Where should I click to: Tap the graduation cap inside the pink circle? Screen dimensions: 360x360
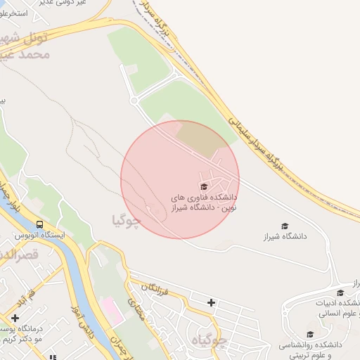tap(204, 187)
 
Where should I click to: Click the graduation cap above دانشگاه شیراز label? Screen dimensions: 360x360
tap(285, 226)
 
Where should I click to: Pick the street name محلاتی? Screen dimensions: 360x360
tap(135, 305)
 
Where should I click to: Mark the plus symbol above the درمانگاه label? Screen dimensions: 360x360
tap(15, 318)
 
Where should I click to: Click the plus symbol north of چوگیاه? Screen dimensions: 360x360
tap(212, 302)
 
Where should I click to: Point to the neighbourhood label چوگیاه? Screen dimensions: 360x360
tap(210, 342)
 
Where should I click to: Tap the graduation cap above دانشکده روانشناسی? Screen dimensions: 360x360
tap(309, 335)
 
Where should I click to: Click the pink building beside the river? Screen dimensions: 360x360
tap(110, 307)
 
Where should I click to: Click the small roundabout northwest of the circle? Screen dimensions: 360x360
tap(134, 101)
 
